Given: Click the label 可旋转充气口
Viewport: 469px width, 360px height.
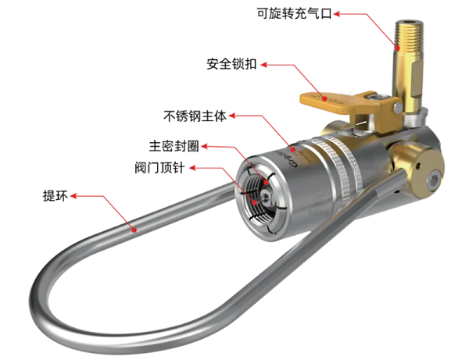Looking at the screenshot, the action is (294, 14).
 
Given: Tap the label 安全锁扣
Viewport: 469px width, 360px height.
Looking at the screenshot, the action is (231, 64).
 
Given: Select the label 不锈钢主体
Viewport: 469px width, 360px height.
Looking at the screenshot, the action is (195, 116).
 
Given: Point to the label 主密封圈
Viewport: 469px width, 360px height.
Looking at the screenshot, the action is (174, 146).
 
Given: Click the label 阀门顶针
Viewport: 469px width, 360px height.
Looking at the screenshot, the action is (159, 168).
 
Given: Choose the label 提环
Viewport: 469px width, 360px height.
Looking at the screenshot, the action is (55, 196).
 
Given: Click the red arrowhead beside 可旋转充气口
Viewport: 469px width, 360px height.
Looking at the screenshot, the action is (337, 14).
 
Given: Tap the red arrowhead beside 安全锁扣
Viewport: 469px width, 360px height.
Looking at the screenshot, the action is (264, 65).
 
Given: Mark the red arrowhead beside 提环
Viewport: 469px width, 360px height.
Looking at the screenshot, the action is (73, 196).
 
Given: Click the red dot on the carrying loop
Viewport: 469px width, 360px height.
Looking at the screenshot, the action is (134, 230).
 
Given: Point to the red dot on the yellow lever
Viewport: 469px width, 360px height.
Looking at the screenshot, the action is (324, 98).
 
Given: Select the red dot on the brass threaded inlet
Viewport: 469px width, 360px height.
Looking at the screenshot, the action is (397, 48).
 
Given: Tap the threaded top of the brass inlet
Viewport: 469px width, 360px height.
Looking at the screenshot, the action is (409, 35).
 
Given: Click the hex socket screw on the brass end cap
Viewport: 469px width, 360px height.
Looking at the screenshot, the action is (433, 181).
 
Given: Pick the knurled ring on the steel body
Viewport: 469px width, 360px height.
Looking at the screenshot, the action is (344, 167).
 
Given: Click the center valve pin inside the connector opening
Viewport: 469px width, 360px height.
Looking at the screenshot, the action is (265, 197).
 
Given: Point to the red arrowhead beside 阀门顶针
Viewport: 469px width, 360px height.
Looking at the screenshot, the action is (192, 168).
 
